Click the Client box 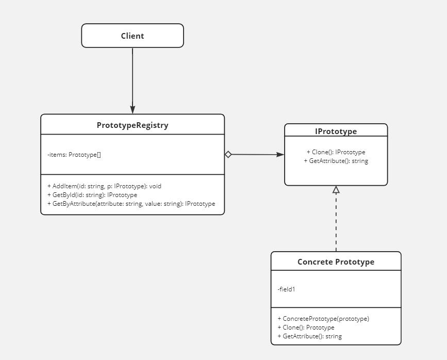(x=133, y=36)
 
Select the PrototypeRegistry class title (x=133, y=125)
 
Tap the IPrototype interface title (x=336, y=132)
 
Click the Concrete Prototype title (x=336, y=262)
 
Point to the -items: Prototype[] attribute (x=74, y=155)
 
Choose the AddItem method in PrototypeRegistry (x=105, y=186)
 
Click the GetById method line (x=92, y=195)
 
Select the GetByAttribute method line (x=131, y=204)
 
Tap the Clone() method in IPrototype (x=336, y=152)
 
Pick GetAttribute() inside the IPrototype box (x=336, y=161)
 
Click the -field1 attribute (x=287, y=289)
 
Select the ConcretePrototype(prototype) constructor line (x=323, y=319)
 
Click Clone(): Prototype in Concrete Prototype (x=306, y=328)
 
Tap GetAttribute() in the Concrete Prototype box (x=309, y=336)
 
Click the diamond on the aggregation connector (x=228, y=154)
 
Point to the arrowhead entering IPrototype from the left (x=280, y=154)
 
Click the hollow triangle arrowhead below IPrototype (x=336, y=189)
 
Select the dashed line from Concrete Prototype (x=336, y=222)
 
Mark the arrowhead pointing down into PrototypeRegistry (x=133, y=110)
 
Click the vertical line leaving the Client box (x=133, y=77)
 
